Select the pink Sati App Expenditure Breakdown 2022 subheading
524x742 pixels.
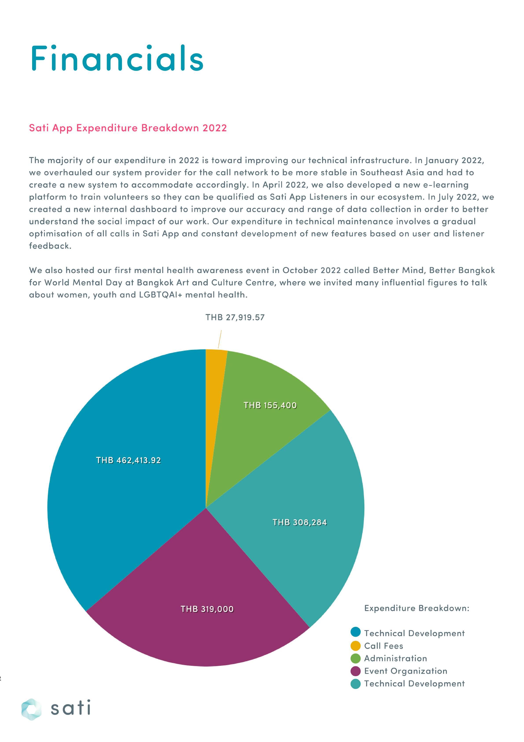click(x=128, y=128)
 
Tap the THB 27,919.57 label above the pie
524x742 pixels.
click(x=235, y=317)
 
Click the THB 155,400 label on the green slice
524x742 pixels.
click(x=270, y=405)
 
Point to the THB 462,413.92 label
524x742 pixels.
click(x=128, y=460)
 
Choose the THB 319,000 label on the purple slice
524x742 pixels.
click(x=207, y=609)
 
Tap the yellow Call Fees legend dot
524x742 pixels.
click(x=355, y=646)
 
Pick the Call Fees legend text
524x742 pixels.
click(x=384, y=646)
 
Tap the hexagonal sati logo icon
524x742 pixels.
click(x=31, y=709)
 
